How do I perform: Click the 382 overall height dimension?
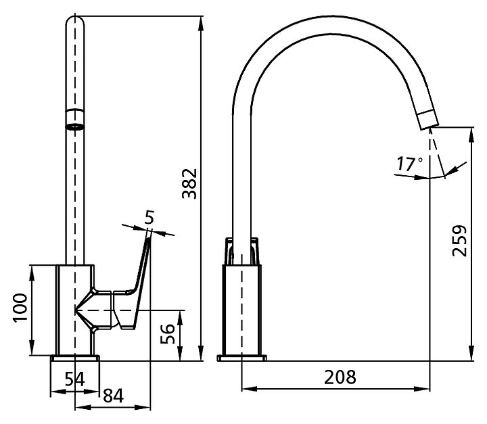coord(190,183)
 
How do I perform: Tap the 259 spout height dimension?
coord(460,241)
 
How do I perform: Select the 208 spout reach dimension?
coord(340,377)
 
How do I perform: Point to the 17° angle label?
coord(410,164)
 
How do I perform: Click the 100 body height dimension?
coord(20,308)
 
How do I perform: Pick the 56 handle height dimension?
coord(168,333)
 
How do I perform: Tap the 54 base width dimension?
coord(74,379)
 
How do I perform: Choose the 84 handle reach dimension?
coord(113,396)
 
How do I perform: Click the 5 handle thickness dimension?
coord(149,217)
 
